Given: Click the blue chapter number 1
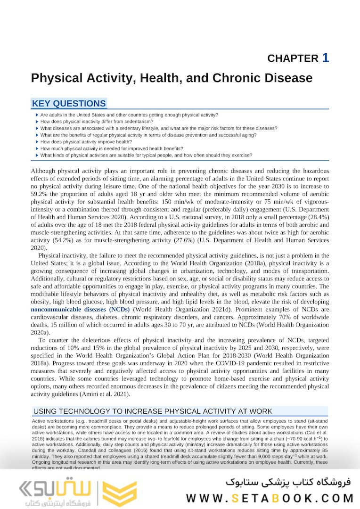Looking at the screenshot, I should click(325, 57).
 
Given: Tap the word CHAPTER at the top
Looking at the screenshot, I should click(293, 58).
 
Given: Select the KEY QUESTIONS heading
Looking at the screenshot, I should click(69, 104).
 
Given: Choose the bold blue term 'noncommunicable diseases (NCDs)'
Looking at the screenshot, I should click(81, 309).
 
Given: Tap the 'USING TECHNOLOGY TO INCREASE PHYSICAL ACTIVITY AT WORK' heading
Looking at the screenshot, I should click(153, 411).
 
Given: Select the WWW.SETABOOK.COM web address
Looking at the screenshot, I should click(270, 498).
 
